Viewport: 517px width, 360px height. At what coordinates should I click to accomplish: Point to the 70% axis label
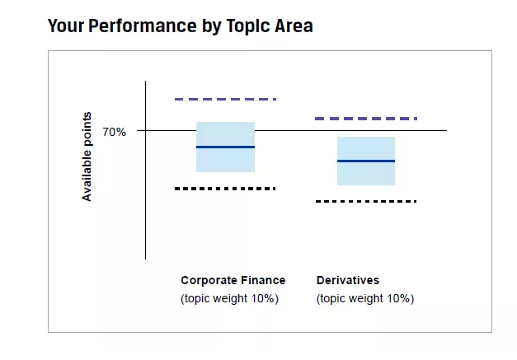[114, 131]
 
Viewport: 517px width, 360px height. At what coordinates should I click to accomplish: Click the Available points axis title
[87, 157]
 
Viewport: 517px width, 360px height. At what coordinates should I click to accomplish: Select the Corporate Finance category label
[233, 279]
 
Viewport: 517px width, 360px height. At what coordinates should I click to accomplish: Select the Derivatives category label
[348, 279]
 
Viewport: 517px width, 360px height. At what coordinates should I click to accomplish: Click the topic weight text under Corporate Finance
[229, 298]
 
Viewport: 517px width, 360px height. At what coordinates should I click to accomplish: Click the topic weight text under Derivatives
[365, 298]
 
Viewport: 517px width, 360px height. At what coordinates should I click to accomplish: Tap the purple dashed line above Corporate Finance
[225, 99]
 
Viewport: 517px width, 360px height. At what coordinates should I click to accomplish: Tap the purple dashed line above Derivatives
[366, 119]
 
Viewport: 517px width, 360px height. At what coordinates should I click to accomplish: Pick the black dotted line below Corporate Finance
[225, 189]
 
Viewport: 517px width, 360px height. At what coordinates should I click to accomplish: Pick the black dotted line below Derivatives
[366, 201]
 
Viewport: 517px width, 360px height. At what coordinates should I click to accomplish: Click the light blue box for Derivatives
[366, 173]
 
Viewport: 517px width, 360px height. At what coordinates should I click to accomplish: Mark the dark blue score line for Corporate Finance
[225, 147]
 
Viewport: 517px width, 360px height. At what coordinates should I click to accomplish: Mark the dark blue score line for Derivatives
[366, 161]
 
